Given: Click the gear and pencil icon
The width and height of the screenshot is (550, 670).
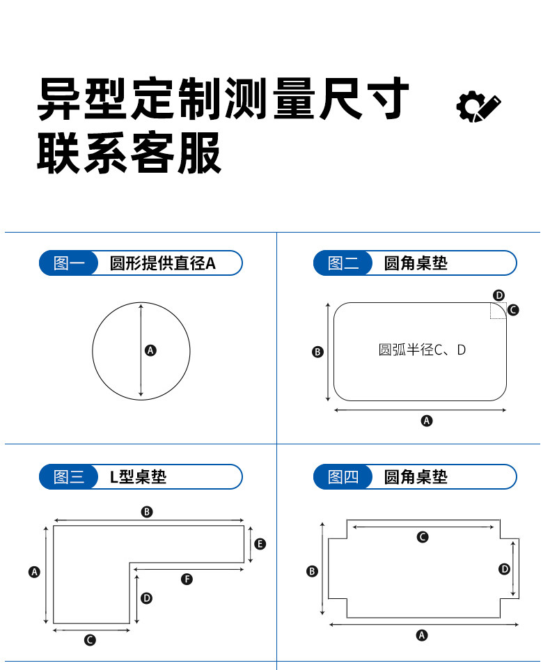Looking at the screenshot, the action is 478,107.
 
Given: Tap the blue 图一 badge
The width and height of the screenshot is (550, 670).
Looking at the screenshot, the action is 68,263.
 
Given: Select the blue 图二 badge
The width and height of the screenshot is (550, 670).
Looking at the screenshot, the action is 343,263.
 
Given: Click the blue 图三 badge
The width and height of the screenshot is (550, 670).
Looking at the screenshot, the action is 68,477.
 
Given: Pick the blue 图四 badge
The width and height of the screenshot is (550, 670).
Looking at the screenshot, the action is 343,477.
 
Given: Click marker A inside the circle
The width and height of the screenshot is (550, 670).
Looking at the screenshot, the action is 150,350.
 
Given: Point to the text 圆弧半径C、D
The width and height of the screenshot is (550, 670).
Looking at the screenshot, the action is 422,350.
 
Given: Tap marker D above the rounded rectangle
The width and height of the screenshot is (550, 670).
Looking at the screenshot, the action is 498,295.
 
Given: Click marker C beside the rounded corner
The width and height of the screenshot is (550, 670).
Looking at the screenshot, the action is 513,310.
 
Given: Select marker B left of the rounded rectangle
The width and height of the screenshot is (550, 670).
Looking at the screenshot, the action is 317,352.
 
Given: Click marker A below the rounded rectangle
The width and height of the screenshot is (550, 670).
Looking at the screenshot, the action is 427,421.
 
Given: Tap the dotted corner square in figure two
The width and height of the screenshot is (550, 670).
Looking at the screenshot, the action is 498,311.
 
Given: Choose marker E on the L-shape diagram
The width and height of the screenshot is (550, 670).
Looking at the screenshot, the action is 260,544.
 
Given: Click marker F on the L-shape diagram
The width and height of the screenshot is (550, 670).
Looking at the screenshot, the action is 187,579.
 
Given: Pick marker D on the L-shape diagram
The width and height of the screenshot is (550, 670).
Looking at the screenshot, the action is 146,598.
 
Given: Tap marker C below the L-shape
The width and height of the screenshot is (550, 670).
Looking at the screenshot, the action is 90,640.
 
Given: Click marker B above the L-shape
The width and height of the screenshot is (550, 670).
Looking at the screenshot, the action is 146,512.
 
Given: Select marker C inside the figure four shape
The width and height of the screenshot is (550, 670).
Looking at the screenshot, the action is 423,537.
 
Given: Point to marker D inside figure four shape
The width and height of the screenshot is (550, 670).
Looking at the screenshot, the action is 505,569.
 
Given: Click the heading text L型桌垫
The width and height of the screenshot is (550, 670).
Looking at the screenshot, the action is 139,477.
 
